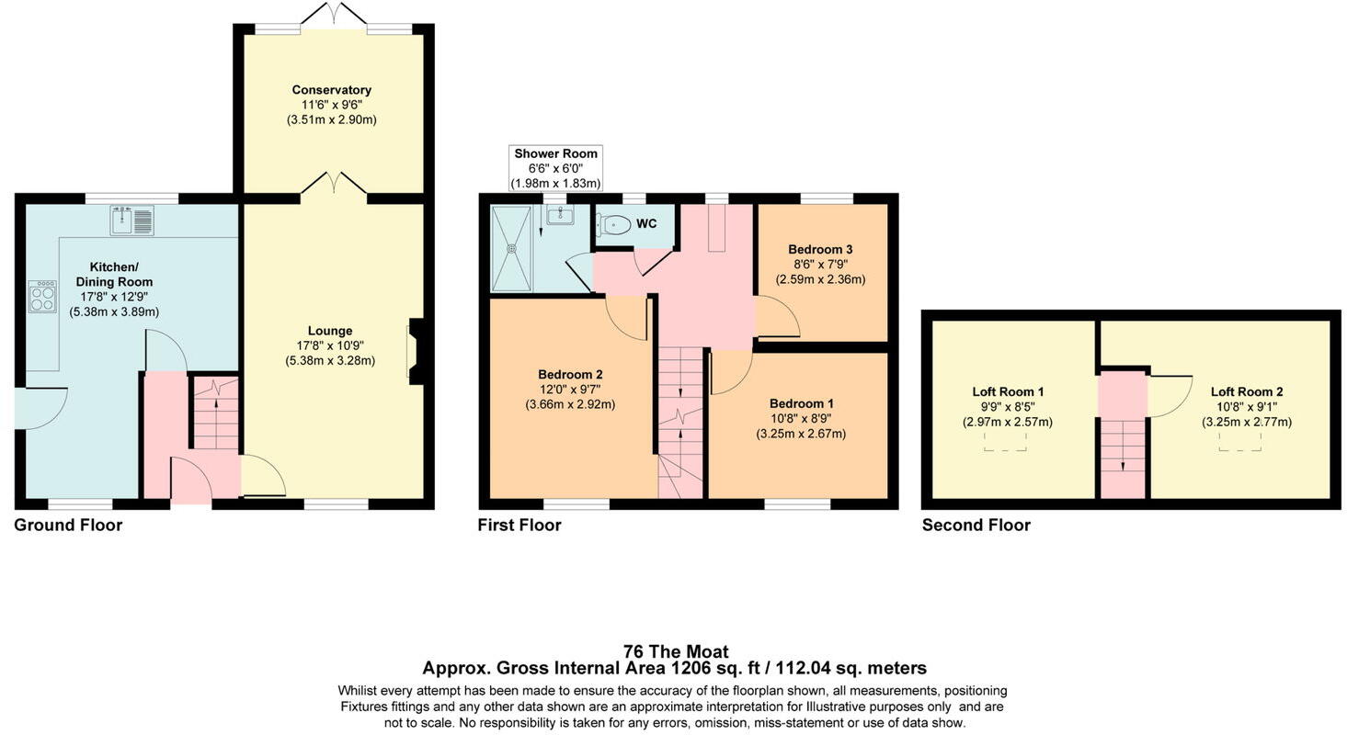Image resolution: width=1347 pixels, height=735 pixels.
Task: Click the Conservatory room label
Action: click(x=331, y=90)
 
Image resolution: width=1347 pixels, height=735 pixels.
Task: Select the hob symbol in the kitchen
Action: click(x=42, y=297)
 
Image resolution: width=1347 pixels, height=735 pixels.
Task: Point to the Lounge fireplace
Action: click(x=415, y=351)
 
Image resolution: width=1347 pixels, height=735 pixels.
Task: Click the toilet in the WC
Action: click(x=614, y=224)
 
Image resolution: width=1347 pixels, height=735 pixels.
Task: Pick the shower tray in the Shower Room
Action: click(x=512, y=248)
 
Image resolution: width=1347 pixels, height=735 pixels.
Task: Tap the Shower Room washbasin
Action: click(x=559, y=215)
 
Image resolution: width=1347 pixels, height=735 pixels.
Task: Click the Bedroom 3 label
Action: click(x=820, y=249)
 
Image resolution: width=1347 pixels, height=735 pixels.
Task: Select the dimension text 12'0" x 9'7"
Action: click(x=570, y=390)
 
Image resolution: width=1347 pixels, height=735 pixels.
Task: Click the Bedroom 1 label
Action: click(x=802, y=403)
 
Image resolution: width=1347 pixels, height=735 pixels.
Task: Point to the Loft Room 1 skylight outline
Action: click(x=1005, y=442)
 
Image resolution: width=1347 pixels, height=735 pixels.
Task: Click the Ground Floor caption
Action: click(x=68, y=525)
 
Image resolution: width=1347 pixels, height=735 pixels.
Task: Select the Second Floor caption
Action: click(x=976, y=525)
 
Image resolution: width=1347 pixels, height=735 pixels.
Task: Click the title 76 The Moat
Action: click(x=675, y=651)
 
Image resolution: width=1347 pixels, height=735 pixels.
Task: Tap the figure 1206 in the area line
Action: click(x=691, y=668)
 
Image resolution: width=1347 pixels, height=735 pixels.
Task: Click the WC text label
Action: click(x=646, y=223)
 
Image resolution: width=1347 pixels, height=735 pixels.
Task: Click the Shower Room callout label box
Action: click(x=555, y=168)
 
